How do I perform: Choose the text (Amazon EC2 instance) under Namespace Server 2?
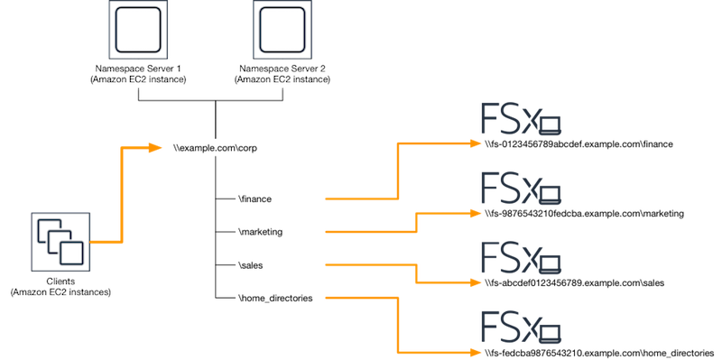point(282,79)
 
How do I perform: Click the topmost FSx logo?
point(520,122)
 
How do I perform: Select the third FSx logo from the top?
point(520,257)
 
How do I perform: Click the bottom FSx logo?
point(520,327)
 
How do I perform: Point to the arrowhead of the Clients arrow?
point(155,147)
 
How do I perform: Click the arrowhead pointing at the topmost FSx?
point(477,143)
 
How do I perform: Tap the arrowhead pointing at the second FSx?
point(475,213)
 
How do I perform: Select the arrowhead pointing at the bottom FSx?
point(475,351)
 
